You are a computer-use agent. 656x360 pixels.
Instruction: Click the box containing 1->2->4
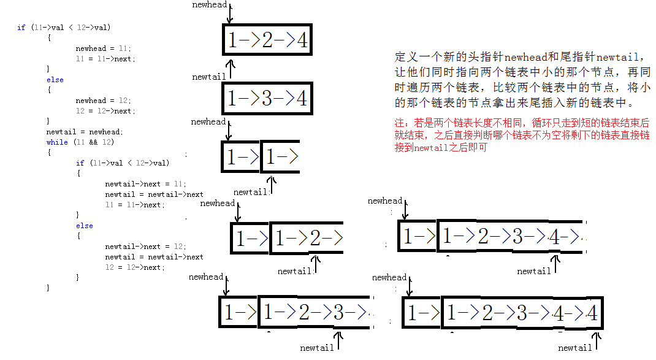[267, 40]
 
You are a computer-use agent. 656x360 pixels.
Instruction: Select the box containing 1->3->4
[267, 98]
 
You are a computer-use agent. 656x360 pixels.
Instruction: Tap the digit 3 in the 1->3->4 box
[267, 98]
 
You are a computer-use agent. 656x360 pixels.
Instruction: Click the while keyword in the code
[57, 142]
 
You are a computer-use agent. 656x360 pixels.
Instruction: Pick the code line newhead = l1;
[103, 48]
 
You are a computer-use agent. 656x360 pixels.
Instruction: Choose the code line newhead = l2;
[103, 101]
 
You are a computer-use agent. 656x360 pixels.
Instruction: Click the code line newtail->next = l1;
[145, 184]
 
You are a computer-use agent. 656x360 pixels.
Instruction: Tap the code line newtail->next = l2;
[145, 247]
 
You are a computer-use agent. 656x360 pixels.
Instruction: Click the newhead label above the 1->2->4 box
[209, 5]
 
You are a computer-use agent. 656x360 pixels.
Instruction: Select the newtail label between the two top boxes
[209, 77]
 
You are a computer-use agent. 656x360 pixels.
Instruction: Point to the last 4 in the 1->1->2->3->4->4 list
[591, 314]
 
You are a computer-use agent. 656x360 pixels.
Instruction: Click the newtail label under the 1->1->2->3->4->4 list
[575, 348]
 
